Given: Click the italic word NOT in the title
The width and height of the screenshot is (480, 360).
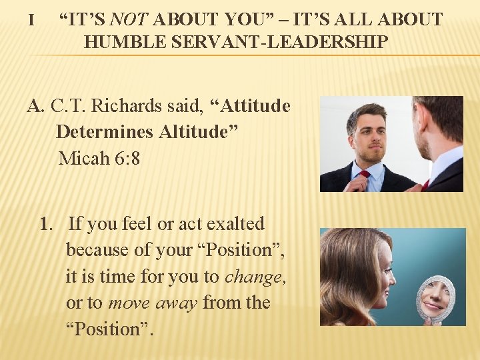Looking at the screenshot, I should coord(133,19).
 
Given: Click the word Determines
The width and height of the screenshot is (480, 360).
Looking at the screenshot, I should coord(104,132).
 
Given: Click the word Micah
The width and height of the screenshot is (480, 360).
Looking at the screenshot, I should coord(81,159).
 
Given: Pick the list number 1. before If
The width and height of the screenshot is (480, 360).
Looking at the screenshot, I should coord(47,223).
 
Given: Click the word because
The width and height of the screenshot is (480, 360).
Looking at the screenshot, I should coord(93,250).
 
